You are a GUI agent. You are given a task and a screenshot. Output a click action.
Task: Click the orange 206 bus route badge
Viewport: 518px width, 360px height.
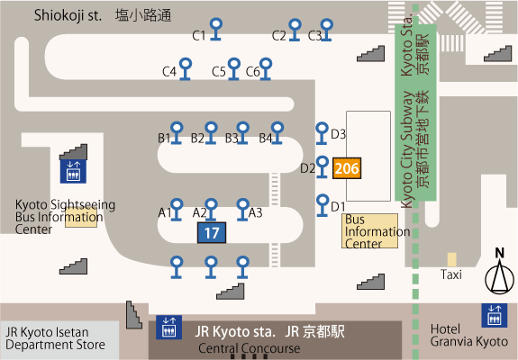coord(347,168)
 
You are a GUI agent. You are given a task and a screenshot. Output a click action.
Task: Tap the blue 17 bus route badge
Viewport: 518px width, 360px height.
coord(212,232)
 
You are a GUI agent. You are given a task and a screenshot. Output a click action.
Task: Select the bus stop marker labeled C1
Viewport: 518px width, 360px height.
coord(216,30)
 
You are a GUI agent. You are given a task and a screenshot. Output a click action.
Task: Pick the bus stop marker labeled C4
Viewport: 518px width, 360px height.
coord(186,69)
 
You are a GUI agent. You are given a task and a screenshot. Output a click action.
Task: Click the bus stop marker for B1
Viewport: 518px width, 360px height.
coord(177,133)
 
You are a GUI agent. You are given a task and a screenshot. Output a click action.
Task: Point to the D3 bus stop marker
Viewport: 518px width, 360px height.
coord(322,133)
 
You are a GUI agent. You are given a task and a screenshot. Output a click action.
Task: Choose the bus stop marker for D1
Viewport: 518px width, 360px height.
coord(323,205)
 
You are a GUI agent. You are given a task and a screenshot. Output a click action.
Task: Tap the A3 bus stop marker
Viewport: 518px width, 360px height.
coord(243,210)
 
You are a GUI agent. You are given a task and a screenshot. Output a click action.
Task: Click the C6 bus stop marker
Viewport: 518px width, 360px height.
coord(266,69)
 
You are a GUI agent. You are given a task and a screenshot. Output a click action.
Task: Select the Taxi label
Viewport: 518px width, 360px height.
coord(451,274)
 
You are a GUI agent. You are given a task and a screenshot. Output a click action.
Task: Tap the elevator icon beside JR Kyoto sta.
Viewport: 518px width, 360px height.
coord(168,328)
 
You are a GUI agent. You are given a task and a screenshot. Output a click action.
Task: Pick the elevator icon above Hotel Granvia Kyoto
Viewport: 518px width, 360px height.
coord(495,316)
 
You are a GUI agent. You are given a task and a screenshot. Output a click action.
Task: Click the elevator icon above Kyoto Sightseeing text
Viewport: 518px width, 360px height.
coord(73,171)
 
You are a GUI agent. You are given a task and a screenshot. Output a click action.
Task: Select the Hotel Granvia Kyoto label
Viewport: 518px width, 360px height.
coord(469,336)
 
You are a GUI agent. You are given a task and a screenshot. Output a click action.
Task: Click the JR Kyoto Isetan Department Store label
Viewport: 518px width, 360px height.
coord(55,338)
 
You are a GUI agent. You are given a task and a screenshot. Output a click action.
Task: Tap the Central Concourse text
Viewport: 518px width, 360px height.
coord(250,348)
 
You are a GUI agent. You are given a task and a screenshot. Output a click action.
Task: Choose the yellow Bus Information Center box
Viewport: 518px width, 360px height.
coord(369,231)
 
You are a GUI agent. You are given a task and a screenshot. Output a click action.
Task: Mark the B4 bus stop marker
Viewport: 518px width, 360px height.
coord(277,133)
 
